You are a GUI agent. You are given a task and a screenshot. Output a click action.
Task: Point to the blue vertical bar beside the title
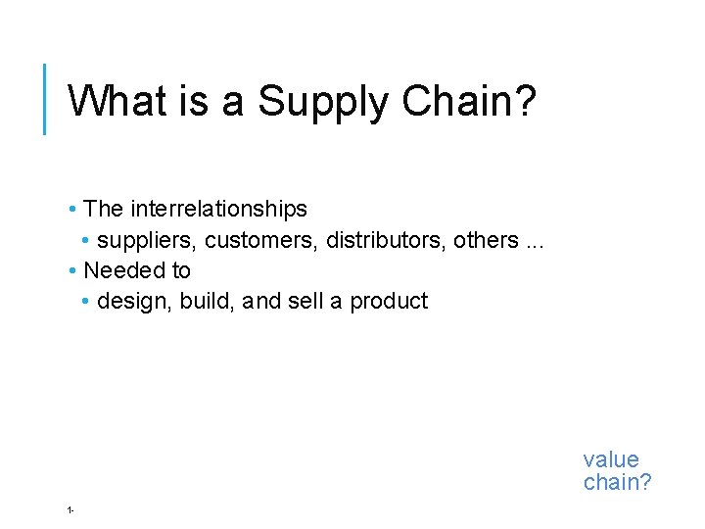[x=44, y=98]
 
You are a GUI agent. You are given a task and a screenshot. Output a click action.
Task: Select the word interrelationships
[x=218, y=209]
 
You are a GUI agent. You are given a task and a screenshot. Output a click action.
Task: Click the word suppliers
[x=148, y=240]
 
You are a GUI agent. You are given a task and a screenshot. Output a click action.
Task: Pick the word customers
[x=261, y=240]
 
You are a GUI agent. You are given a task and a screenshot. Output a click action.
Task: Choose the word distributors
[x=386, y=240]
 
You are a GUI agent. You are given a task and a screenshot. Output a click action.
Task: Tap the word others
[x=485, y=240]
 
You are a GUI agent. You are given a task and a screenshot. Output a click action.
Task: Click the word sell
[x=305, y=302]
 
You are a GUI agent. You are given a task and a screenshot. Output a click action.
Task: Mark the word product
[x=389, y=302]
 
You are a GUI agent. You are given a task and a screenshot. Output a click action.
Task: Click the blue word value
[x=611, y=459]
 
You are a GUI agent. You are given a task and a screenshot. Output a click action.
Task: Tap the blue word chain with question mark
[x=617, y=482]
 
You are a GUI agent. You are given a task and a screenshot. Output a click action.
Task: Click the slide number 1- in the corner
[x=71, y=509]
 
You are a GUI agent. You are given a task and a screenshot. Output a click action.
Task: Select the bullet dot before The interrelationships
[x=73, y=210]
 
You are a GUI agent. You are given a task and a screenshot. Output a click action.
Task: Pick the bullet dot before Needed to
[x=73, y=271]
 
